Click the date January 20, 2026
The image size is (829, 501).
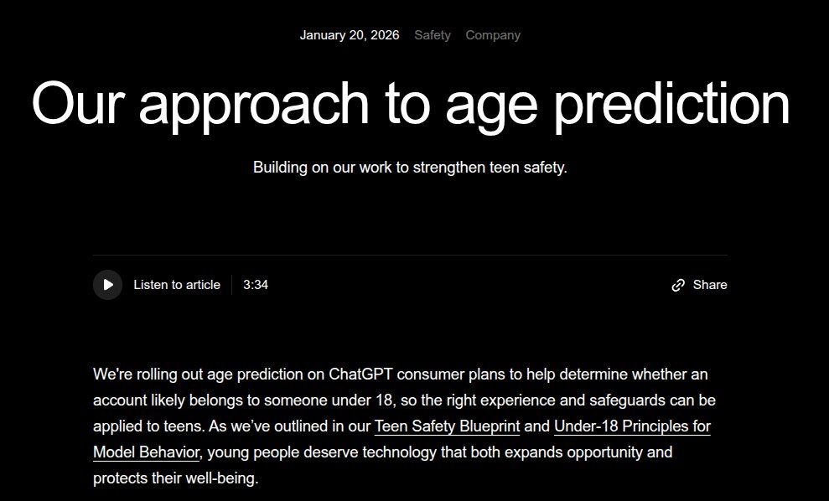point(350,35)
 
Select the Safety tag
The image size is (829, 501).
point(433,35)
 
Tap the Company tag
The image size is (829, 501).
point(493,35)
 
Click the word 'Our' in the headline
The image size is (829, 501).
point(78,102)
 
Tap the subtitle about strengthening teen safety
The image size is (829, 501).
point(410,168)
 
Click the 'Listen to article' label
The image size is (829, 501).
point(177,285)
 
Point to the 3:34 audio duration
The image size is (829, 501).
point(256,285)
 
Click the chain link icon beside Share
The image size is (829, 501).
point(678,286)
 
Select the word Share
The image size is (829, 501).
point(710,285)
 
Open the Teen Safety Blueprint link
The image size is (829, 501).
point(448,426)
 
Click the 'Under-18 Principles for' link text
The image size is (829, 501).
point(632,426)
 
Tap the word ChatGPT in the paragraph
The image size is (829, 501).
point(360,374)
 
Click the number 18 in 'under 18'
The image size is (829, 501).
point(385,400)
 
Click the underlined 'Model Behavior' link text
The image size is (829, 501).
point(146,452)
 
